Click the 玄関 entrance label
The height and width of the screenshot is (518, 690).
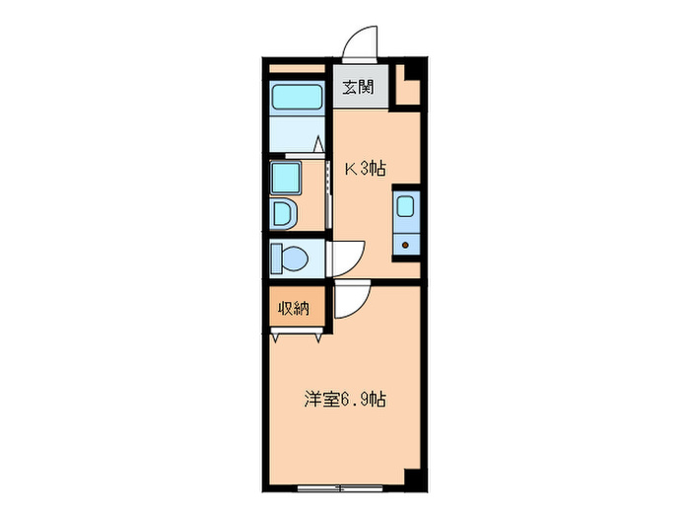(x=358, y=87)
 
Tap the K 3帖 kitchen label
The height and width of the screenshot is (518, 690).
(x=364, y=169)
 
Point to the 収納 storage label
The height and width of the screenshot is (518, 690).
(x=294, y=308)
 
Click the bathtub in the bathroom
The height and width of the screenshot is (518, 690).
(x=298, y=97)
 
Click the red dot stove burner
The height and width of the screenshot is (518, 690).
(x=405, y=244)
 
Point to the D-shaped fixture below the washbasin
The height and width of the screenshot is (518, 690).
(x=283, y=213)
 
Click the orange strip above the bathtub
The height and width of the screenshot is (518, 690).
(x=297, y=69)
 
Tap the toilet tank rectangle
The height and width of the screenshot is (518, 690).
(x=276, y=259)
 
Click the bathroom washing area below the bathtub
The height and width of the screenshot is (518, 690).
(x=296, y=133)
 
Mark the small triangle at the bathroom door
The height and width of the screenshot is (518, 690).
(x=319, y=145)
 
